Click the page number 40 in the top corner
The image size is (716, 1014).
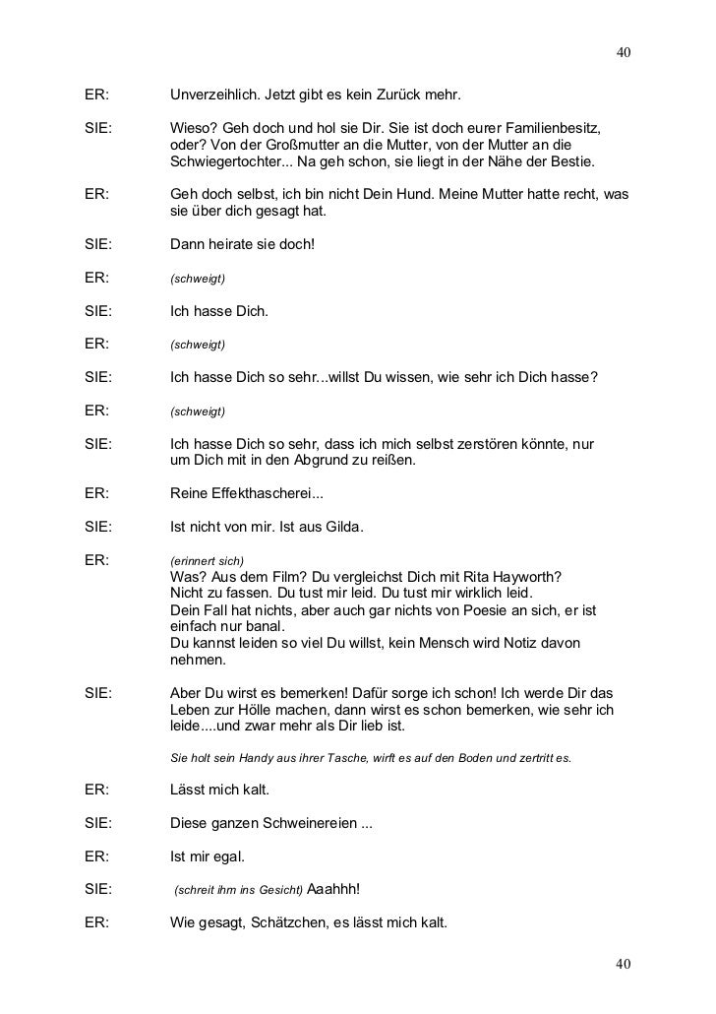tap(623, 51)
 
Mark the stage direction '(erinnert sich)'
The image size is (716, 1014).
tap(207, 560)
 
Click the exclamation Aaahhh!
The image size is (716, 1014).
tap(334, 890)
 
